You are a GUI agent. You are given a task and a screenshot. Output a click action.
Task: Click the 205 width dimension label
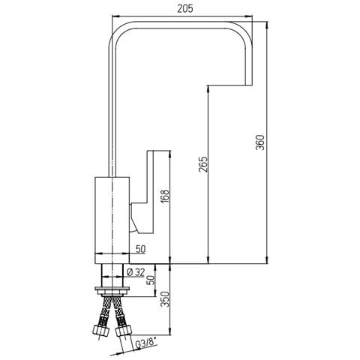(185, 9)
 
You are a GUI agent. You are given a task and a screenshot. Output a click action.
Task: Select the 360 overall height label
(260, 142)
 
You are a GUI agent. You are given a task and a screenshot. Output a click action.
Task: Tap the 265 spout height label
(204, 164)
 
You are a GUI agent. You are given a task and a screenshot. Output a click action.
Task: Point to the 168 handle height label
(165, 197)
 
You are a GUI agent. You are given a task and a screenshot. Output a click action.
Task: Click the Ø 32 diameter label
(136, 272)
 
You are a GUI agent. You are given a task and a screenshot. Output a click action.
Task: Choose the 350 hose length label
(165, 298)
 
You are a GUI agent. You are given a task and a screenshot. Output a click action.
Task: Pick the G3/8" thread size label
(146, 344)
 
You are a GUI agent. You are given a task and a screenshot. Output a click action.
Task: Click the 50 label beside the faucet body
(140, 249)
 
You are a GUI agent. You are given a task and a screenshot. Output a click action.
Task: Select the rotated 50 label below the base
(151, 280)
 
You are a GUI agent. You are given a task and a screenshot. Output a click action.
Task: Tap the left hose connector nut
(101, 330)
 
